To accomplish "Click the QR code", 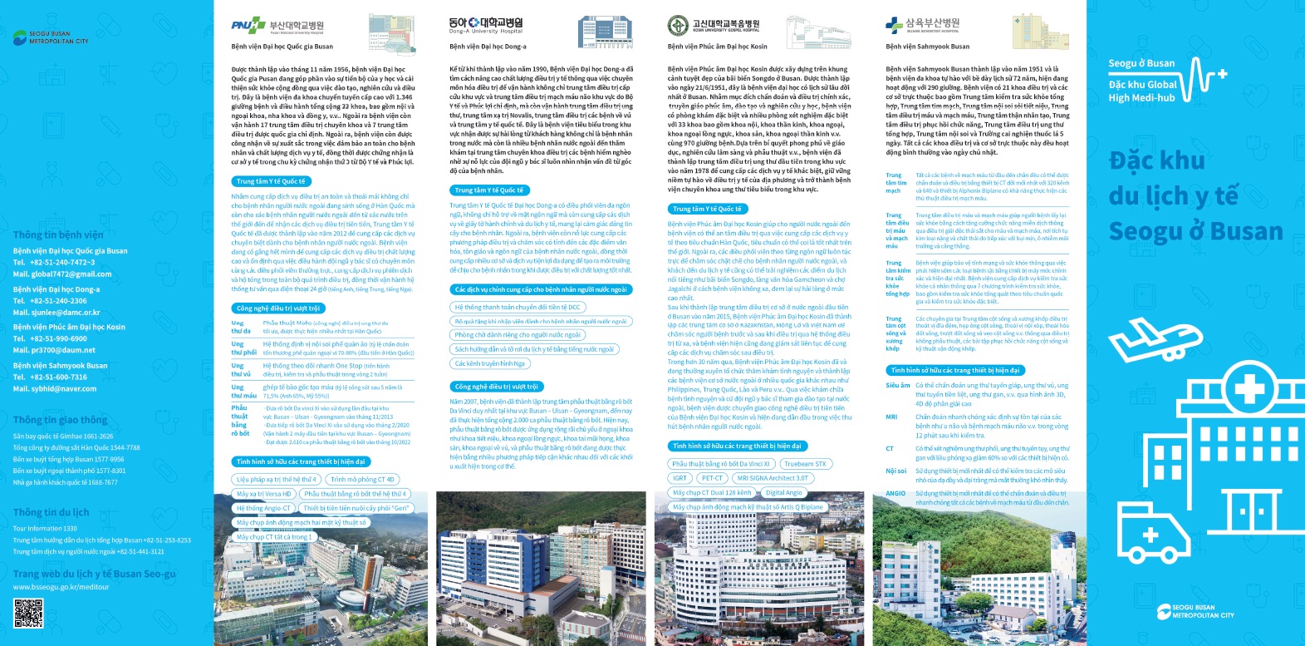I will point(27,613).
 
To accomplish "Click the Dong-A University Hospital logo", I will point(486,26).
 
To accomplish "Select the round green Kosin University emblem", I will point(677,26).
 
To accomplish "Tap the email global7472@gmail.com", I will point(62,274).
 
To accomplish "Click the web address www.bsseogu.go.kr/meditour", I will point(61,587).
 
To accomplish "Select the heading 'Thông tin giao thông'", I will point(60,420).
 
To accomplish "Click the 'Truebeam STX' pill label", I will point(805,464).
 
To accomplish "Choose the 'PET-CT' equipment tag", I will point(712,478).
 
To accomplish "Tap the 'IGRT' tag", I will point(680,478).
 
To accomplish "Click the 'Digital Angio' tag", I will point(783,493).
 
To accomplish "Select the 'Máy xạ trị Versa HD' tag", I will point(263,494).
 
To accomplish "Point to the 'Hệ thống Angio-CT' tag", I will point(263,508).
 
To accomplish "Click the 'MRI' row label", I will point(891,417).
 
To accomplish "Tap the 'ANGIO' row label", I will point(895,493).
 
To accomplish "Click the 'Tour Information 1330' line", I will point(45,529).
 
